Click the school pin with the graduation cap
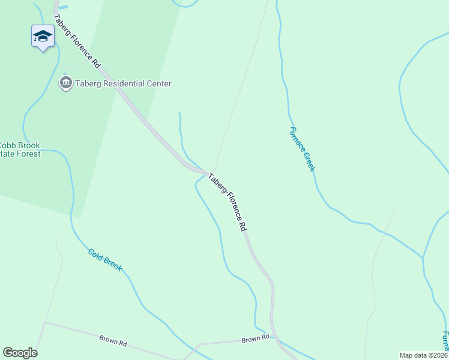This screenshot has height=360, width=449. pos(43,37)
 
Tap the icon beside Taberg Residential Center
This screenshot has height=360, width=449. pos(65,83)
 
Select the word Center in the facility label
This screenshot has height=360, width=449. pos(159,84)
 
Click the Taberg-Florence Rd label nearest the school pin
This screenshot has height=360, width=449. pos(77,41)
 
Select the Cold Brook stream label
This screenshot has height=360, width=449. pos(105,260)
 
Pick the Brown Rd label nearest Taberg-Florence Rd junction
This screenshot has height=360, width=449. pos(256,340)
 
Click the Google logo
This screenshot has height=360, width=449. pos(20,353)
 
